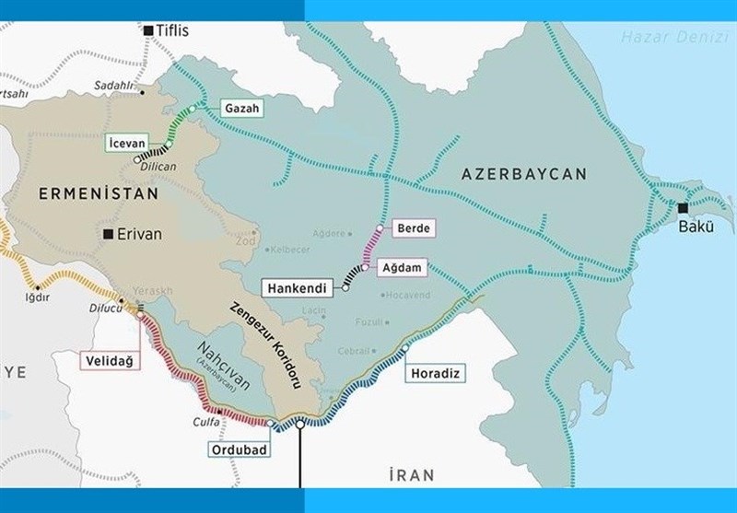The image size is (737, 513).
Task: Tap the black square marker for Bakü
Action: point(683,207)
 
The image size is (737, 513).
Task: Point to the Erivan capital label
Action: point(139,234)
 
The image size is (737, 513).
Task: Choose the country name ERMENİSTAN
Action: point(99,193)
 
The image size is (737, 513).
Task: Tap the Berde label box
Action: point(413,227)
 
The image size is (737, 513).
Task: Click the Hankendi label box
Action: point(299,287)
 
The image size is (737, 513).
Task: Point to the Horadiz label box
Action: point(432,373)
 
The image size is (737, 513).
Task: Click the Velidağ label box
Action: point(108,360)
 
